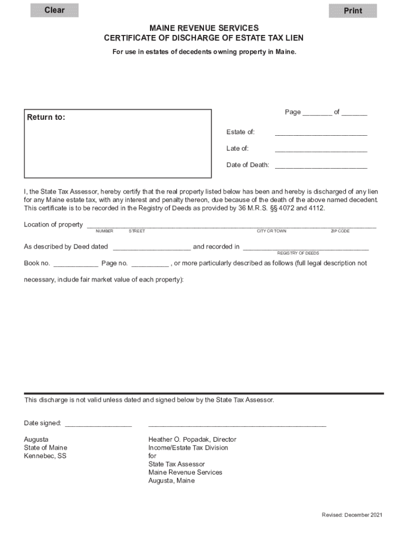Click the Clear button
tap(54, 10)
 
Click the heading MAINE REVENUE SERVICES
tap(204, 28)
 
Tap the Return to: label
tap(46, 117)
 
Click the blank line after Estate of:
tap(321, 133)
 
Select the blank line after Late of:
tap(321, 149)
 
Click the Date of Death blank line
tap(321, 165)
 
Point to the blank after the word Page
tap(317, 112)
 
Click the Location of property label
tap(53, 224)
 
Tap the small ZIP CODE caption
tap(340, 231)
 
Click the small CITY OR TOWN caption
tap(271, 231)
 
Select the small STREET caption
tap(137, 231)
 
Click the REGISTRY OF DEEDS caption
tap(298, 253)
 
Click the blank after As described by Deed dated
tap(152, 247)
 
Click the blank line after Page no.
tap(150, 264)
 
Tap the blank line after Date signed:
tap(98, 424)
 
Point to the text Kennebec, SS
tap(45, 456)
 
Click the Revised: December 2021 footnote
tap(352, 515)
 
